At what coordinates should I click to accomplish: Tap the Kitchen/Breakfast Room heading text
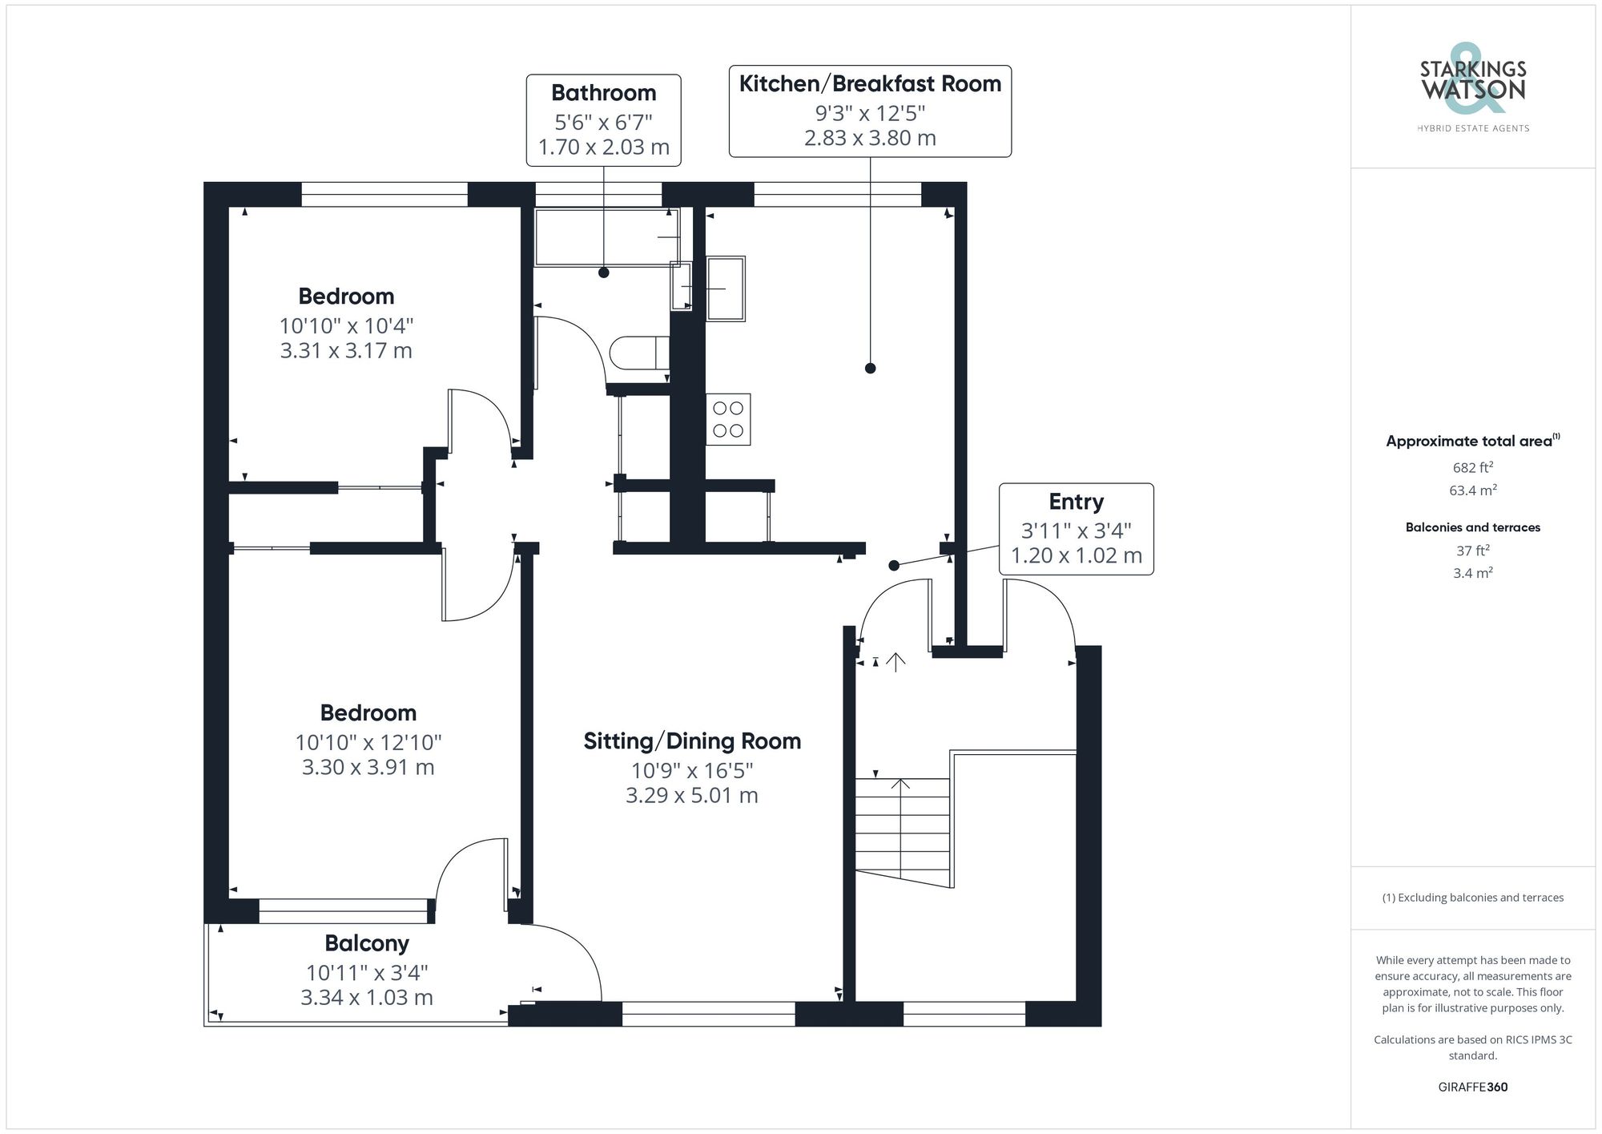click(870, 84)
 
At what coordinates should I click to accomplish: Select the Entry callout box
click(1076, 528)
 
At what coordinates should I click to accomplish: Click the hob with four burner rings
click(727, 419)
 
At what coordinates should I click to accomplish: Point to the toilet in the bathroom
click(638, 353)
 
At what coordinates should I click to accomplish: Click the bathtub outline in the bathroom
click(606, 237)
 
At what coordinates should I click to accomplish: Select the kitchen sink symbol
click(726, 289)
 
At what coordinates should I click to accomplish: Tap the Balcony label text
click(367, 943)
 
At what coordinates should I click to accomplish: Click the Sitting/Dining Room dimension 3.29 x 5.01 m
click(691, 796)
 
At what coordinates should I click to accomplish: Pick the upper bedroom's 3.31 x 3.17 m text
click(346, 351)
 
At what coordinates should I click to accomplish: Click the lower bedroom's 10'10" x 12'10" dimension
click(368, 742)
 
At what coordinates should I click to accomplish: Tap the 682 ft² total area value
click(1472, 468)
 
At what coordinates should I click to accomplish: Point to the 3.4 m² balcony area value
click(1472, 573)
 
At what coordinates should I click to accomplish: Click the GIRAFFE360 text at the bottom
click(1472, 1087)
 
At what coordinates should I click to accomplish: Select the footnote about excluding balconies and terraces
click(1472, 898)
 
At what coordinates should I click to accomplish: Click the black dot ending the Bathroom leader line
click(604, 272)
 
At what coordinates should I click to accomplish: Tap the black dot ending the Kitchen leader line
click(871, 369)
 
